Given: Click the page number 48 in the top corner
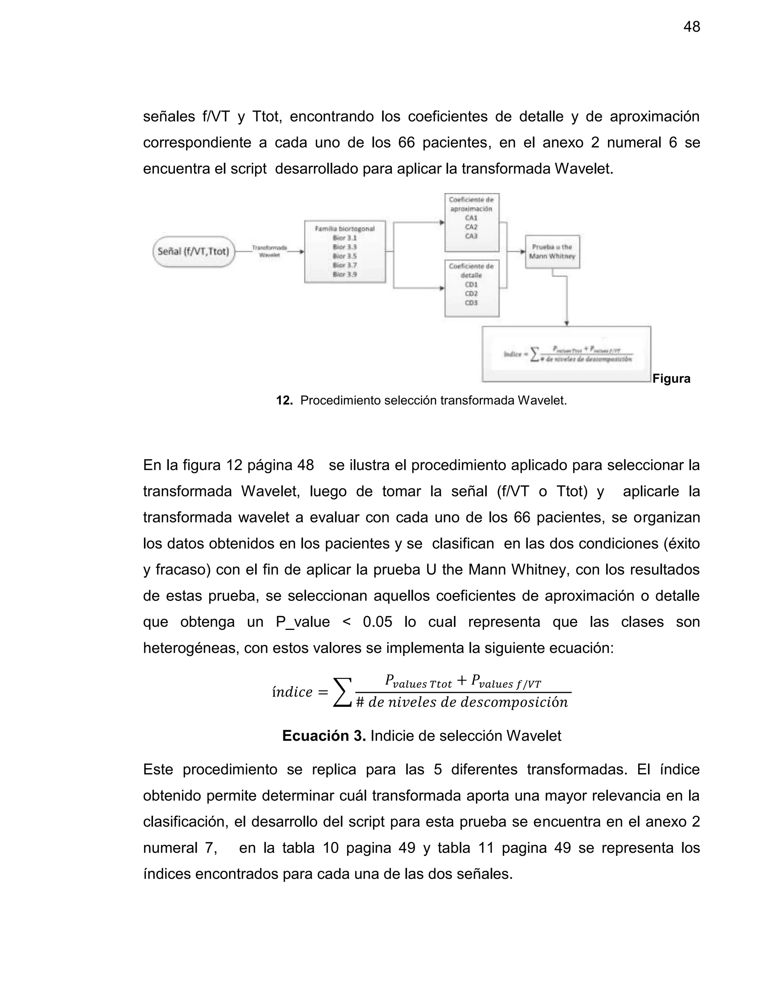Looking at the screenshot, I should click(691, 27).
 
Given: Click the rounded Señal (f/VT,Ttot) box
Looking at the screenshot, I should click(193, 251).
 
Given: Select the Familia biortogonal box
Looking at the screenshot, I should click(345, 251).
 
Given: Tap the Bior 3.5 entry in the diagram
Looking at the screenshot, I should click(345, 256).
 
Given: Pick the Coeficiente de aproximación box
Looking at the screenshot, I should click(472, 222).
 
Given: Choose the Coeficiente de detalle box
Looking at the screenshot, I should click(472, 288).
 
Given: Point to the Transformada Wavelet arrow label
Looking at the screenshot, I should click(270, 251).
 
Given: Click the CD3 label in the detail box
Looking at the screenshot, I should click(471, 303).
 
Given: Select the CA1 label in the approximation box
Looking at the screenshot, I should click(471, 218).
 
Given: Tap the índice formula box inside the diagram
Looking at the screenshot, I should click(566, 354).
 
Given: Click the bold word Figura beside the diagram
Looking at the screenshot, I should click(671, 379).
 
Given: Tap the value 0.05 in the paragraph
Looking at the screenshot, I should click(377, 622).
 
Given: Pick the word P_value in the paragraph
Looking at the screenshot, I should click(302, 622).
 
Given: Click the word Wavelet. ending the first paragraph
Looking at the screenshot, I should click(584, 169).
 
